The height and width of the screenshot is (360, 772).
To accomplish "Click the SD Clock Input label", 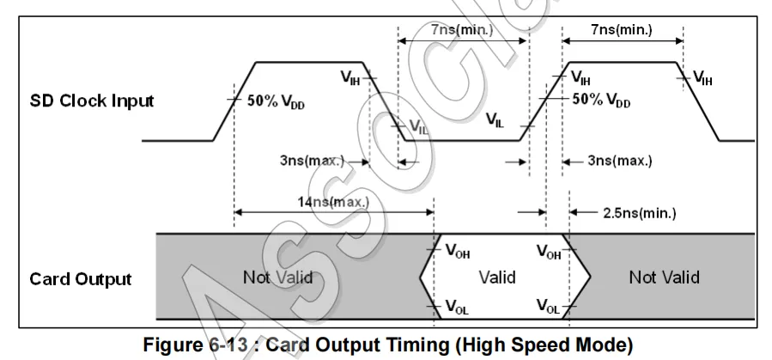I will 92,101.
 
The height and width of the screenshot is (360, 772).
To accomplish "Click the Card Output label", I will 81,278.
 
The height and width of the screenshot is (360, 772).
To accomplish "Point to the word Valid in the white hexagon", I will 497,277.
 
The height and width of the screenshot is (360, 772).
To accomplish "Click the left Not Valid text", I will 277,277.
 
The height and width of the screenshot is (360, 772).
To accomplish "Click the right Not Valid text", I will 664,277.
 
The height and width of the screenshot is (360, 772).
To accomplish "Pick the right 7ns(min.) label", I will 621,30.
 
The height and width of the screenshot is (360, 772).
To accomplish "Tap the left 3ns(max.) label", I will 312,161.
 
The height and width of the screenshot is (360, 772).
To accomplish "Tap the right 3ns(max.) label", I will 620,161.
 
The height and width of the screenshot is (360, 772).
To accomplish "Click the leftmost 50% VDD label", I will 276,101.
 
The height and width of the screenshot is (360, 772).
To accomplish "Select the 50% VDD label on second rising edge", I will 601,100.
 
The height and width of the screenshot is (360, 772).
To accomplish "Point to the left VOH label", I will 458,252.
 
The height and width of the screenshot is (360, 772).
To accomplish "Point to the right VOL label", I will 548,306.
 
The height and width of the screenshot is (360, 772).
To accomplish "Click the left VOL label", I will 458,306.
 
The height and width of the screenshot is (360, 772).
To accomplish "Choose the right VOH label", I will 549,252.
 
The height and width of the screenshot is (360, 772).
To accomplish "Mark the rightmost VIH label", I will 702,80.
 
